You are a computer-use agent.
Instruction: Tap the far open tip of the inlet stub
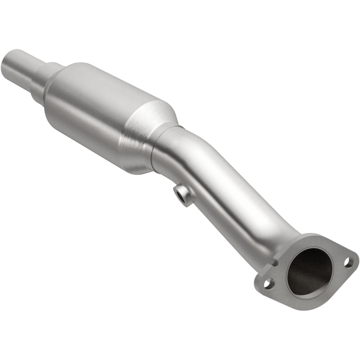(x=7, y=59)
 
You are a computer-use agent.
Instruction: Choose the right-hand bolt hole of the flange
(x=348, y=262)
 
